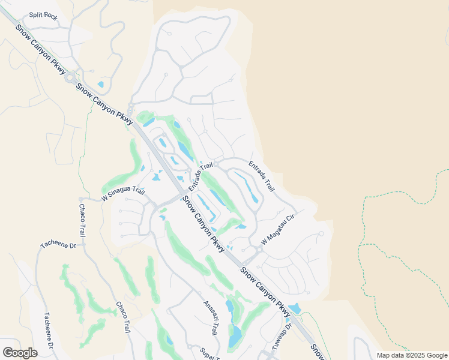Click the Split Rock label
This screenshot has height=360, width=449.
pyautogui.click(x=43, y=17)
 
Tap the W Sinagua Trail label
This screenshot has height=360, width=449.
pyautogui.click(x=123, y=193)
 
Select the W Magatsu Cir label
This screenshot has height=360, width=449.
pyautogui.click(x=279, y=232)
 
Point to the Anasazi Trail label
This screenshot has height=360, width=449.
pyautogui.click(x=210, y=318)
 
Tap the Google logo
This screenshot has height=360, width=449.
pyautogui.click(x=20, y=353)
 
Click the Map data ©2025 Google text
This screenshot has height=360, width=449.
pyautogui.click(x=412, y=355)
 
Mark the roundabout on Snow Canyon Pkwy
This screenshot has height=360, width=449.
pyautogui.click(x=71, y=77)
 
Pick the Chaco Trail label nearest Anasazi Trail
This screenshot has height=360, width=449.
pyautogui.click(x=123, y=317)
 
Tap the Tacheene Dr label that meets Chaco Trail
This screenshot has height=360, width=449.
pyautogui.click(x=58, y=245)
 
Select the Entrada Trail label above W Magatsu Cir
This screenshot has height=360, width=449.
pyautogui.click(x=262, y=176)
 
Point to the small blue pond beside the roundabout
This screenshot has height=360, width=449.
pyautogui.click(x=100, y=85)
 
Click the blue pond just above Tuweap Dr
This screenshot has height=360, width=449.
pyautogui.click(x=294, y=309)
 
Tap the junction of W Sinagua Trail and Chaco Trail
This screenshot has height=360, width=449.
pyautogui.click(x=81, y=199)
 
